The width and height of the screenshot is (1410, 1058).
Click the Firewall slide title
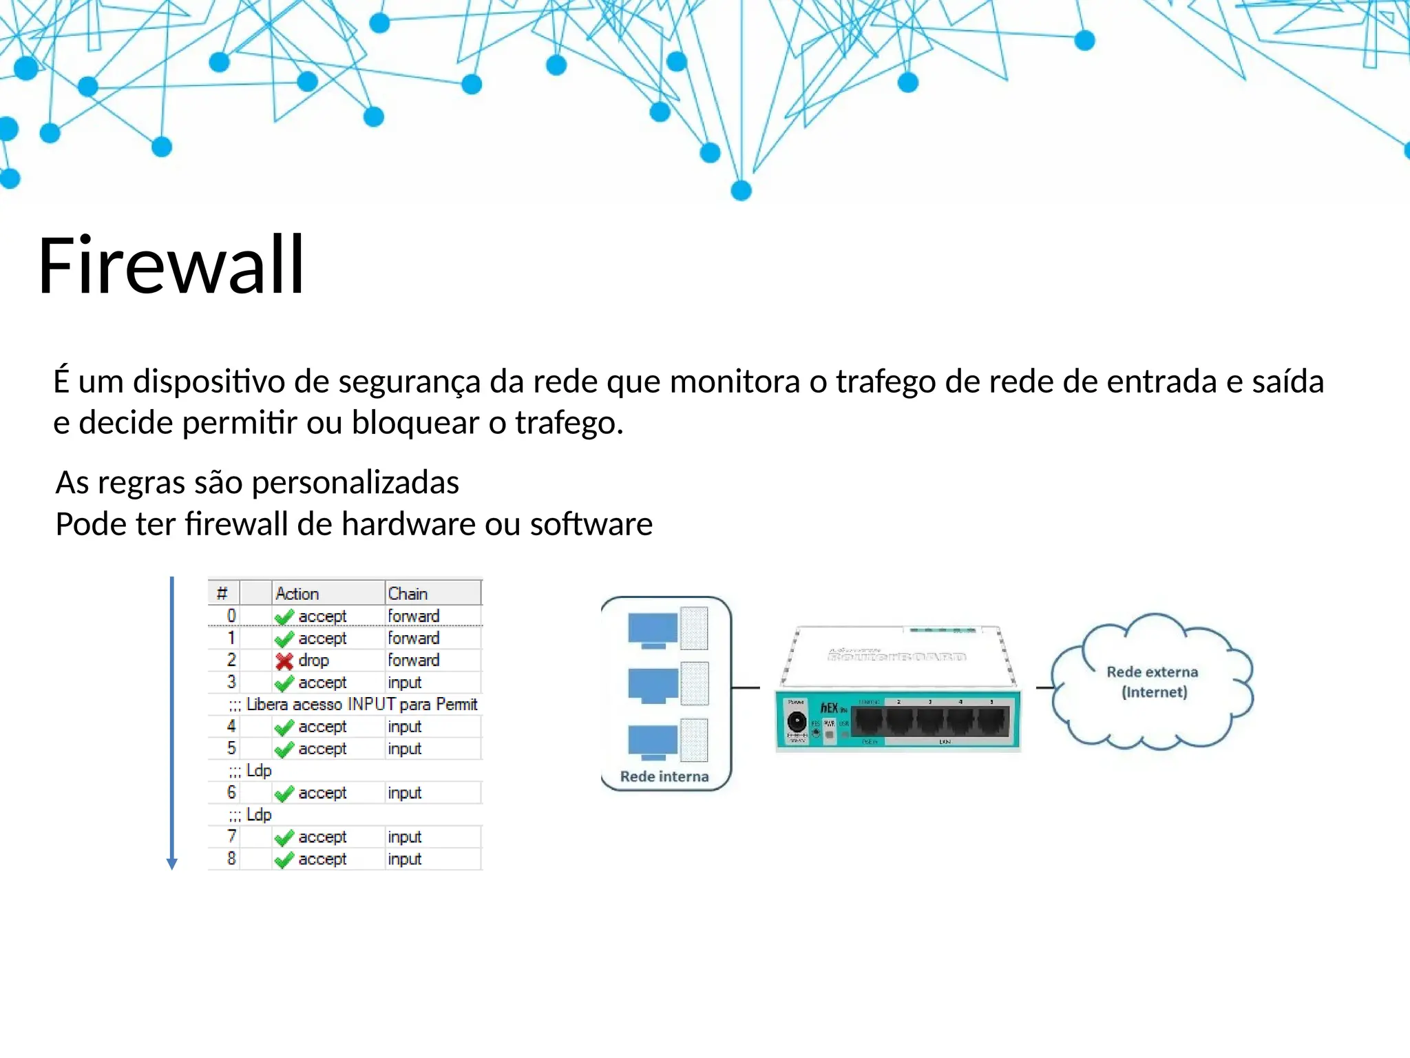click(171, 265)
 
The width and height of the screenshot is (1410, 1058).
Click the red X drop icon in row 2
click(284, 661)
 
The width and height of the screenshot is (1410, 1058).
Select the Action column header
click(297, 594)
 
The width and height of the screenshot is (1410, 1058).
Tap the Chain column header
click(408, 594)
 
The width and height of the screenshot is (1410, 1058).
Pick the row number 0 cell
click(231, 616)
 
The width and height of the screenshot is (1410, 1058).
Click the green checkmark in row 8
click(284, 860)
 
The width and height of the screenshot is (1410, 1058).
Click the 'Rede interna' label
click(664, 776)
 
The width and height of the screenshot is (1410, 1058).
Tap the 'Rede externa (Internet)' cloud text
click(1153, 682)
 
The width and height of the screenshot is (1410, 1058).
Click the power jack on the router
click(797, 723)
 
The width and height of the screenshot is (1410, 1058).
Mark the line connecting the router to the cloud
click(1045, 687)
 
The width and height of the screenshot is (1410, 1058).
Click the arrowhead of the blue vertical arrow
click(172, 864)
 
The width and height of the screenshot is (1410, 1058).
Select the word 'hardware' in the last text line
click(408, 525)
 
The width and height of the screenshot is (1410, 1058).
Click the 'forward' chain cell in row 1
click(413, 639)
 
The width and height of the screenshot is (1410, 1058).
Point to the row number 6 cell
click(231, 793)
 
